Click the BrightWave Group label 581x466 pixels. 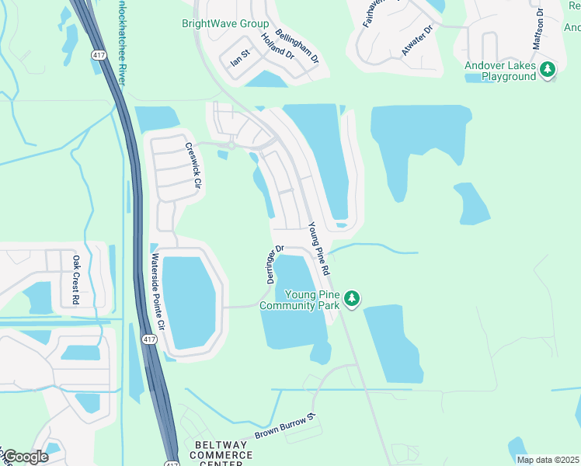coord(225,24)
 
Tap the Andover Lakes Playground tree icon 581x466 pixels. coord(548,71)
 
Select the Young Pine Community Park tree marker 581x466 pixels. coord(352,298)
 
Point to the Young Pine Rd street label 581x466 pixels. coord(319,249)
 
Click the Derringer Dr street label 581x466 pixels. coord(276,265)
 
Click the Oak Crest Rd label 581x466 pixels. coord(76,280)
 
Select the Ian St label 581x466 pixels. coord(240,58)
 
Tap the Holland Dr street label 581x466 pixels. coord(277,47)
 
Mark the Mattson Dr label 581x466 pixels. coord(538,30)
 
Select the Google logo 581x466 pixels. coord(26,457)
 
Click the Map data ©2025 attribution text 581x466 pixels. coord(548,460)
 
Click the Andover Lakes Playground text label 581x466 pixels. coord(500,71)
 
